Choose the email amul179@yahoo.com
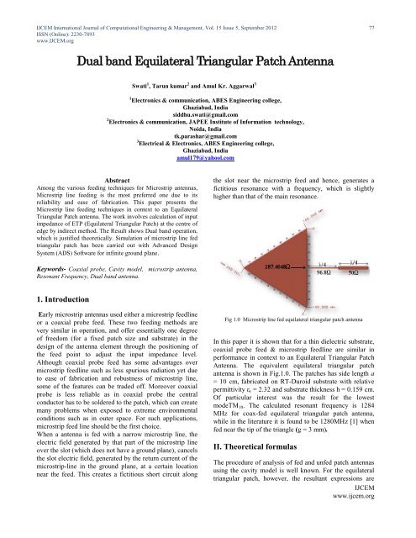click(x=208, y=158)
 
